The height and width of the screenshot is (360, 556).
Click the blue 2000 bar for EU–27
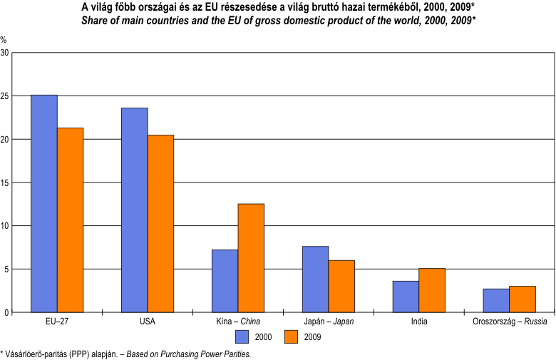pos(44,204)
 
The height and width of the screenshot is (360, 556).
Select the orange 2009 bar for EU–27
pos(71,220)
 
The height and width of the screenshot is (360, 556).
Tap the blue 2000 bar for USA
pos(135,210)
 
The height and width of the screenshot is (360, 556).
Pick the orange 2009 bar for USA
pos(160,224)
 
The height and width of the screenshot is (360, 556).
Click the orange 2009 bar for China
pos(251,258)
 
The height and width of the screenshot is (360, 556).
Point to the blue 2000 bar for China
pos(225,281)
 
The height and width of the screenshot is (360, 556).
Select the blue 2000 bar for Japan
pos(315,279)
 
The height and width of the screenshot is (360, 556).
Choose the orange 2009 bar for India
pos(432,290)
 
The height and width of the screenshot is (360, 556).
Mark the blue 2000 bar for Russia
pos(496,301)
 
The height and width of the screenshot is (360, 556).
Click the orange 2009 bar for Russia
pos(522,299)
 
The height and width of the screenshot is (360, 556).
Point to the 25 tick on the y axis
pos(6,96)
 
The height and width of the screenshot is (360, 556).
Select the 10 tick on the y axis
pos(6,226)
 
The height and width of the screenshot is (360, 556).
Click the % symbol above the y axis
pos(4,40)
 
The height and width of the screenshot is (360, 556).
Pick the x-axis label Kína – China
pos(238,322)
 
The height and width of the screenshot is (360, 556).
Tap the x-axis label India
pos(419,322)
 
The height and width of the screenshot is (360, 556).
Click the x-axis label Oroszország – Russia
pos(509,322)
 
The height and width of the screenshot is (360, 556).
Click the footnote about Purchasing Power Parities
pos(126,353)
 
